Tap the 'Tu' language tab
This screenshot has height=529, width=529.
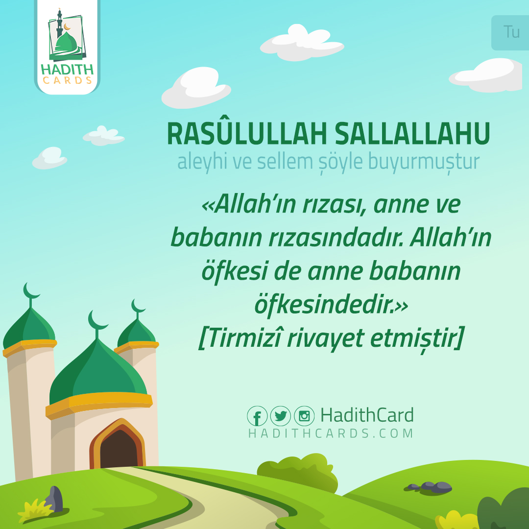click(511, 32)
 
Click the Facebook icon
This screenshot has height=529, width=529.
click(257, 416)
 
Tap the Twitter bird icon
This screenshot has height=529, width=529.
click(281, 416)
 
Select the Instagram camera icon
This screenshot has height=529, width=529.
click(304, 416)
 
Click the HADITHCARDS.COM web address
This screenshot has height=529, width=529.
click(331, 433)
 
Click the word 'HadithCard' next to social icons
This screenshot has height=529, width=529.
click(367, 415)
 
